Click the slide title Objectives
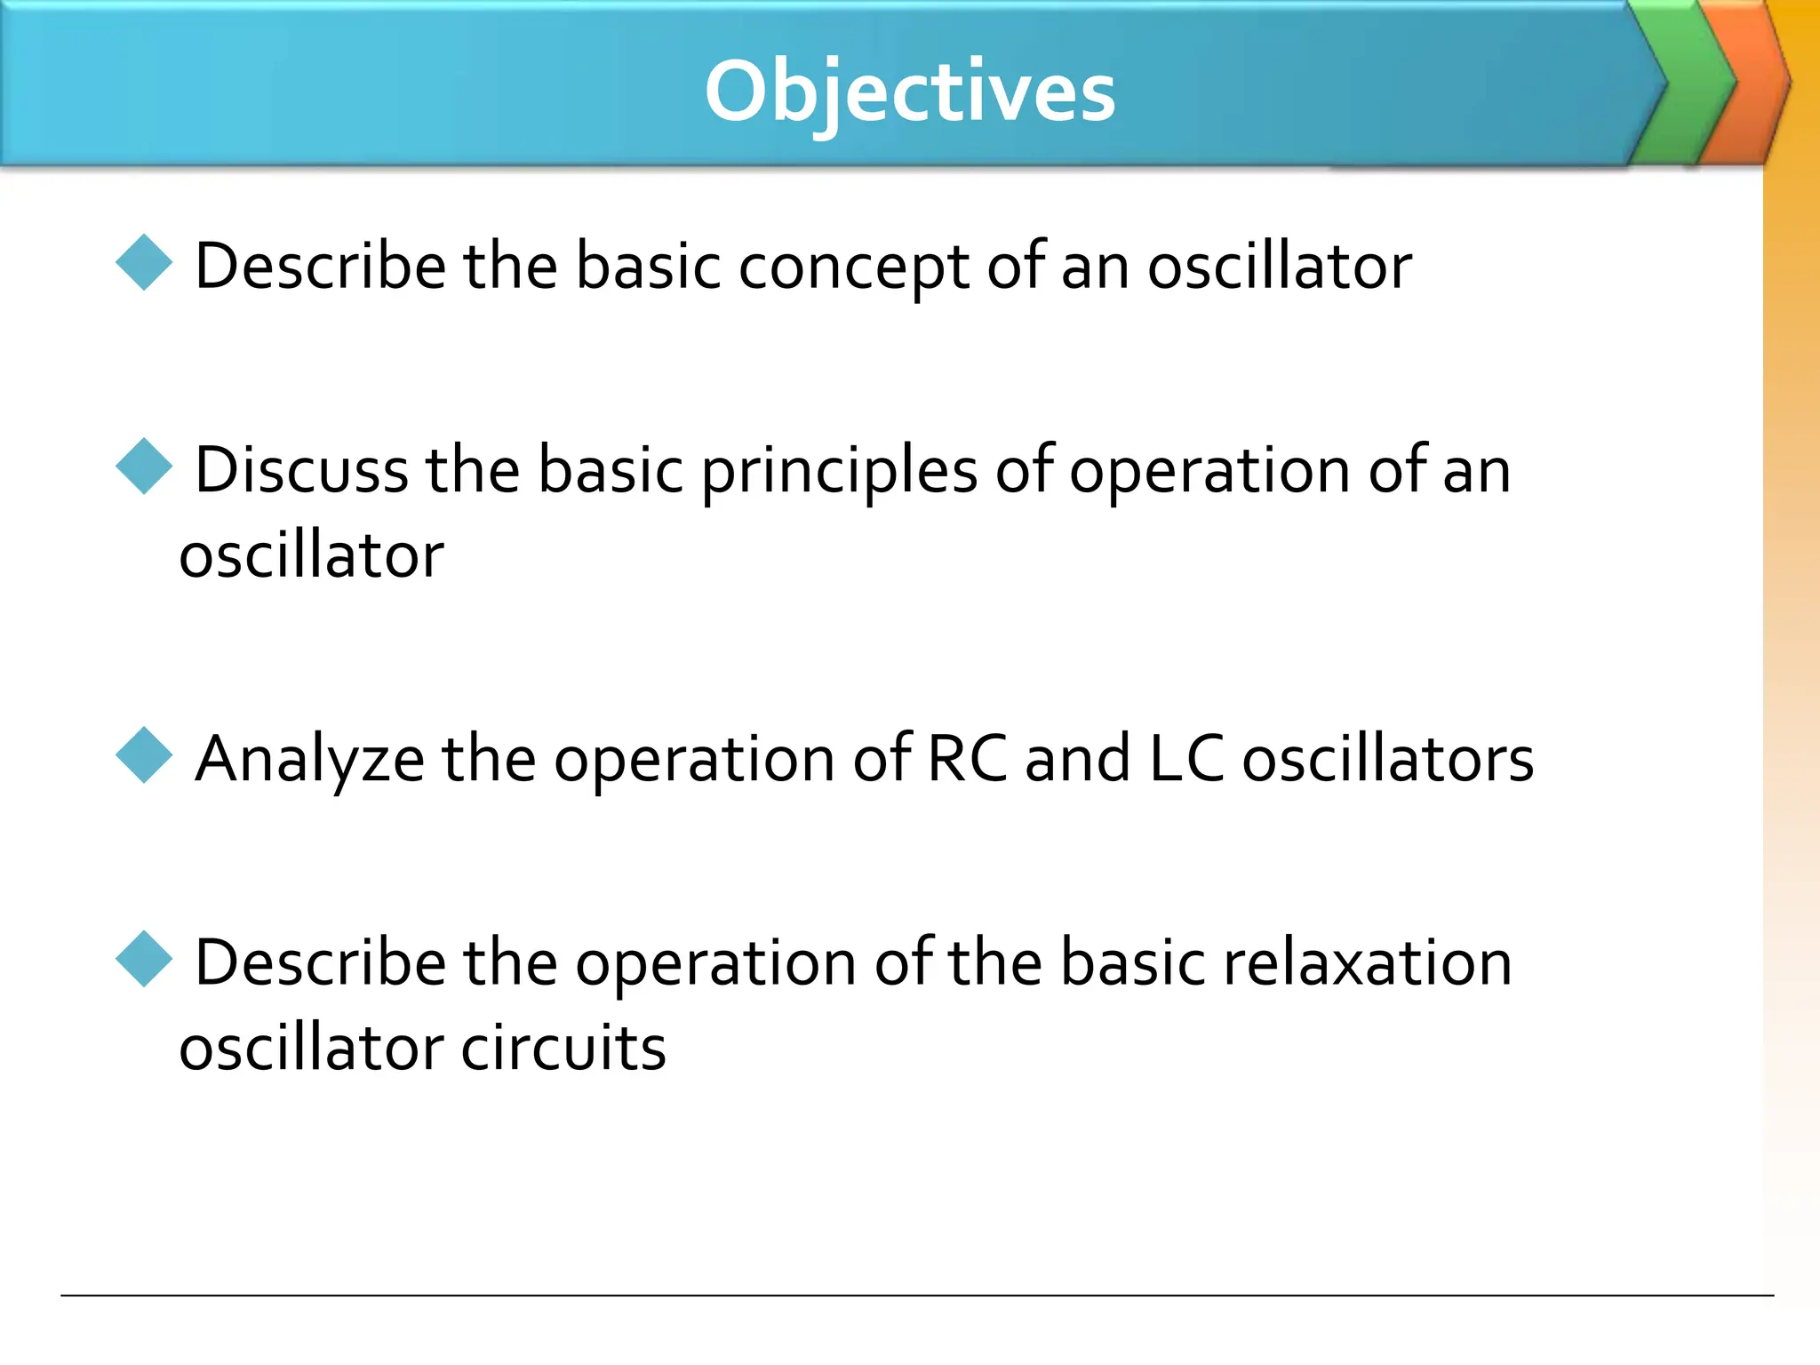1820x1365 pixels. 909,92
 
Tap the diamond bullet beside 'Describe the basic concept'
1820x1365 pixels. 144,262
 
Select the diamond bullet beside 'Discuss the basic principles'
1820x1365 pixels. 144,466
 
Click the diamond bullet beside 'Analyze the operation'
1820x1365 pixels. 144,755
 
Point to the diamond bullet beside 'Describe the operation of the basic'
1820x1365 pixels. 144,959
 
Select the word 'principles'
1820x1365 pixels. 839,471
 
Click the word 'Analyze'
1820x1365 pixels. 309,761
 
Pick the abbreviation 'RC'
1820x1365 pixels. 967,759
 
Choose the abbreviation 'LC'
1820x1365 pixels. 1186,759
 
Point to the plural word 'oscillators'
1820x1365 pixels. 1387,759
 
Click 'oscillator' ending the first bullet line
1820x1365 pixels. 1280,266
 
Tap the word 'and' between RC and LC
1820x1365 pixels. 1077,759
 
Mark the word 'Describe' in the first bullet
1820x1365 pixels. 320,266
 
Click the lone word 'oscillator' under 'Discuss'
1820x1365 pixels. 311,555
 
